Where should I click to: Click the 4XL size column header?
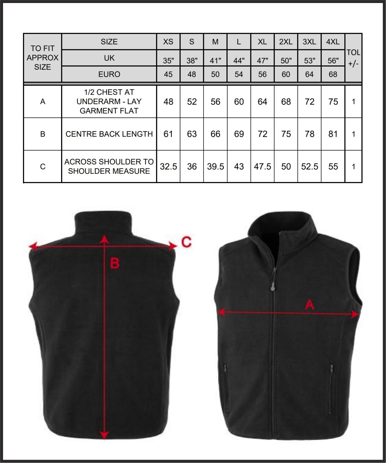[333, 42]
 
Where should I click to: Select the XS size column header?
[168, 42]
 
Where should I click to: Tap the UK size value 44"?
[239, 61]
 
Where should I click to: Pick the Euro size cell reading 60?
[286, 74]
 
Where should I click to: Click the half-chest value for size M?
[215, 102]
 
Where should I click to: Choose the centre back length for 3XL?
[309, 134]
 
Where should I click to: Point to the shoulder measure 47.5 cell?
[262, 166]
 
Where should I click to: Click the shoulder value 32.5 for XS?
[168, 166]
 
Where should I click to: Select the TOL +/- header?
[353, 58]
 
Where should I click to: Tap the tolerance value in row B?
[353, 134]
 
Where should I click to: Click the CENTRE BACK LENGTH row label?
[109, 134]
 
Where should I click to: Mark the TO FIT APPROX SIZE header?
[42, 58]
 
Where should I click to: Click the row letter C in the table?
[43, 166]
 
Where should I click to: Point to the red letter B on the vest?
[115, 263]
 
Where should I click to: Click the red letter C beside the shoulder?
[186, 242]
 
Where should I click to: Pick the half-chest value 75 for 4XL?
[333, 102]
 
